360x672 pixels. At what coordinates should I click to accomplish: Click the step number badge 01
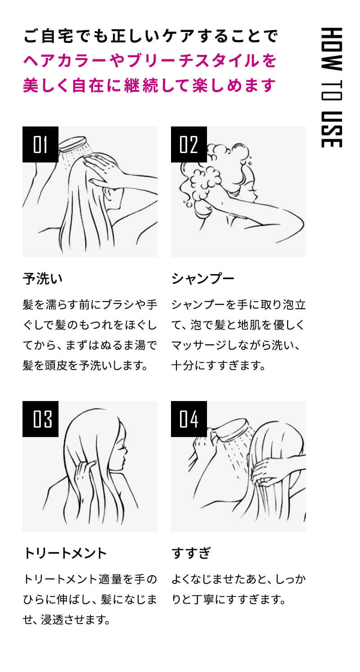pos(40,144)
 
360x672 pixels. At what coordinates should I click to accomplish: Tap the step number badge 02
pos(189,144)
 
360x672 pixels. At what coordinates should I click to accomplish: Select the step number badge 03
pos(40,419)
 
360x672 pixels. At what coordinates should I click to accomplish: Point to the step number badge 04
pos(189,419)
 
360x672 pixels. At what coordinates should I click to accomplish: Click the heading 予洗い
pos(43,279)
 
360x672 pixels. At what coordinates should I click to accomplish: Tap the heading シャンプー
pos(203,279)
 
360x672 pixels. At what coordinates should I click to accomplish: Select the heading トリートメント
pos(65,553)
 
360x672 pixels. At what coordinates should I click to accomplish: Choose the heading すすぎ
pos(191,553)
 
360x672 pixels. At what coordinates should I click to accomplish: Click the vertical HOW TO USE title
pos(333,88)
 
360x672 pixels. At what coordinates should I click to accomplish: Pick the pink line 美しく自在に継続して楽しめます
pos(149,85)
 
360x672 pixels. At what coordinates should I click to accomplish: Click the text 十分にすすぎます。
pos(218,365)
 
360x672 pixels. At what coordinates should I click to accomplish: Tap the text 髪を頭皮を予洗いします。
pos(85,365)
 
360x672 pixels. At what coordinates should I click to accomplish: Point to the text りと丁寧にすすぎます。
pos(229,600)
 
